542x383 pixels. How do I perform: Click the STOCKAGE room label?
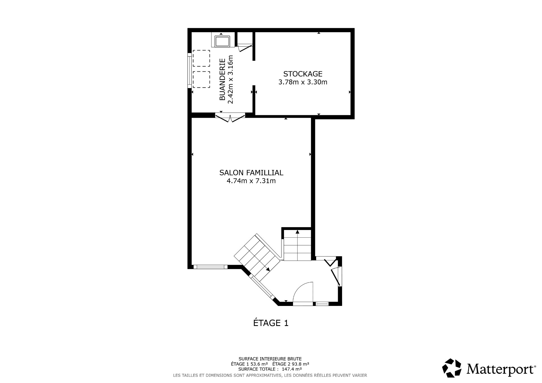pyautogui.click(x=303, y=74)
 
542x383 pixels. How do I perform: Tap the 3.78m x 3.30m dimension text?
pyautogui.click(x=303, y=82)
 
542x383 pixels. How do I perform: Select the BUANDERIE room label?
pyautogui.click(x=222, y=79)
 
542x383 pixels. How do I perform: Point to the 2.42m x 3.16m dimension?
pyautogui.click(x=231, y=79)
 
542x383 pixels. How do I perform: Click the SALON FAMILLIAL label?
pyautogui.click(x=251, y=172)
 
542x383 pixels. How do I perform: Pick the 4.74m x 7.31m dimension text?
pyautogui.click(x=251, y=181)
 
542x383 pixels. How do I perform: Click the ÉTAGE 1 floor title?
pyautogui.click(x=271, y=323)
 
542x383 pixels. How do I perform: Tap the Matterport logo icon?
pyautogui.click(x=451, y=368)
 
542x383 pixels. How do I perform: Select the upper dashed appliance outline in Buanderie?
pyautogui.click(x=201, y=58)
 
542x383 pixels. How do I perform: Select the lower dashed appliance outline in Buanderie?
pyautogui.click(x=201, y=80)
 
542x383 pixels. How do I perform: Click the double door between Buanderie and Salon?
pyautogui.click(x=230, y=118)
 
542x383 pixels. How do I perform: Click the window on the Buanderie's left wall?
pyautogui.click(x=189, y=69)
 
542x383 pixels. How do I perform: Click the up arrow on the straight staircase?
pyautogui.click(x=297, y=232)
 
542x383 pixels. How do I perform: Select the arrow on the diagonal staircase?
pyautogui.click(x=268, y=269)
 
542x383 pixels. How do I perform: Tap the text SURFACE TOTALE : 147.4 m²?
pyautogui.click(x=270, y=369)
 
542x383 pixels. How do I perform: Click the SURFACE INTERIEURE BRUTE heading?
pyautogui.click(x=270, y=359)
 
